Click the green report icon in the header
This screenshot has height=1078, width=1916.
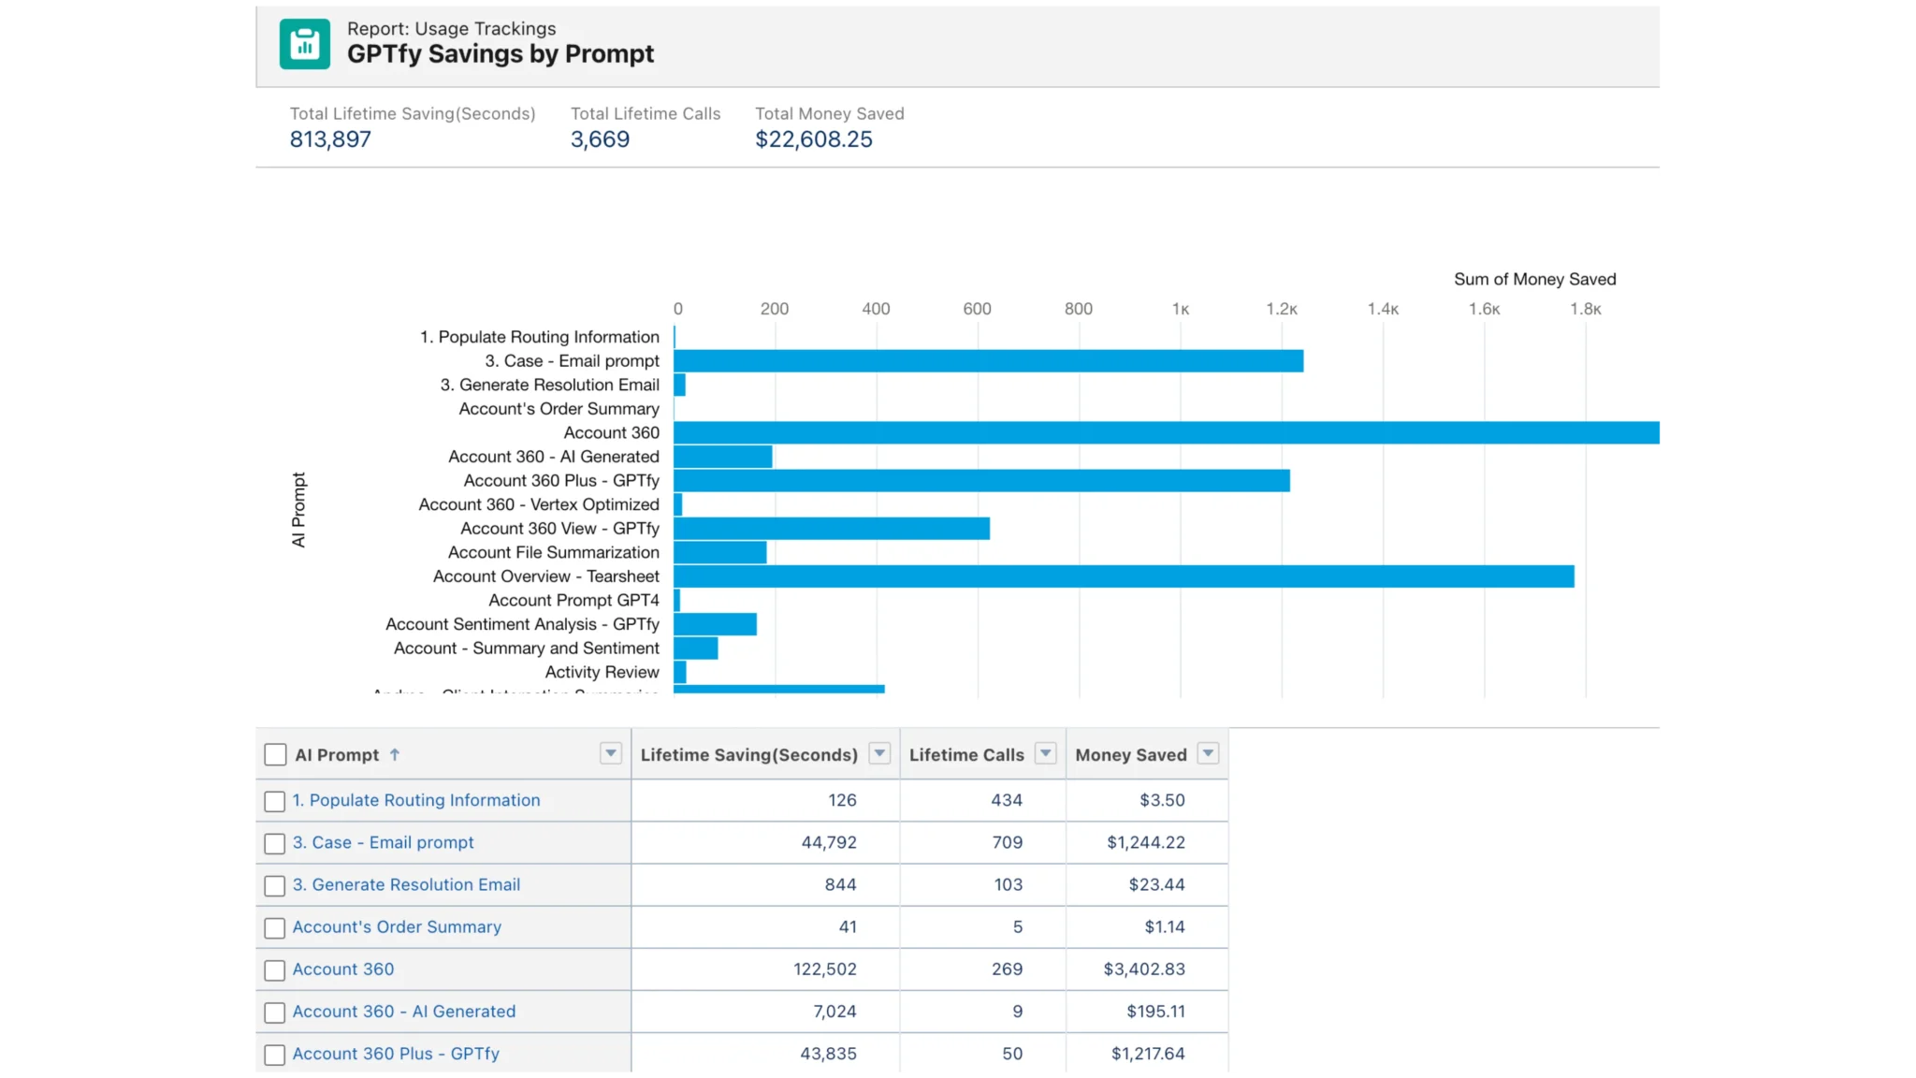tap(304, 44)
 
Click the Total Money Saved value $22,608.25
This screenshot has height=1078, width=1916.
tap(813, 139)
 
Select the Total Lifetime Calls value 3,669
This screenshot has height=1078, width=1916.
tap(600, 139)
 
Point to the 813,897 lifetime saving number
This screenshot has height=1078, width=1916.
tap(330, 139)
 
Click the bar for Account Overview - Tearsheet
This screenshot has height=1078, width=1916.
tap(1123, 576)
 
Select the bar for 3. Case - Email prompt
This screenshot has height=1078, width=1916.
tap(988, 361)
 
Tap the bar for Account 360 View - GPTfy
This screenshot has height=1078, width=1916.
tap(831, 529)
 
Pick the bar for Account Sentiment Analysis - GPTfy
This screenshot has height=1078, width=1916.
tap(715, 624)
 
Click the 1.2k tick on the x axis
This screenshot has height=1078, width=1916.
tap(1281, 309)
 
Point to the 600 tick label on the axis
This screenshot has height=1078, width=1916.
tap(977, 309)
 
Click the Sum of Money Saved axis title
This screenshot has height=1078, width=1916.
tap(1534, 279)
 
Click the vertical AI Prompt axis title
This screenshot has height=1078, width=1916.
tap(298, 509)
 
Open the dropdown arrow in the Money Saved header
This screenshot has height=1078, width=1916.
tap(1208, 753)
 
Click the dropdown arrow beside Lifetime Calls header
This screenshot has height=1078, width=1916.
tap(1045, 753)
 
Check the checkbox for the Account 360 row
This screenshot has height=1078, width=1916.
tap(274, 970)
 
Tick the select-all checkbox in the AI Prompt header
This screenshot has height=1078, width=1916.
tap(275, 755)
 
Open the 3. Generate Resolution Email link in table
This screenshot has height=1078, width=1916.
tap(406, 884)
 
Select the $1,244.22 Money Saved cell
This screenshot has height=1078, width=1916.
tap(1145, 842)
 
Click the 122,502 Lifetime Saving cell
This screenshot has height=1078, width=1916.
tap(824, 969)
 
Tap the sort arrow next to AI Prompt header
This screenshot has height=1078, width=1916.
tap(395, 754)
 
